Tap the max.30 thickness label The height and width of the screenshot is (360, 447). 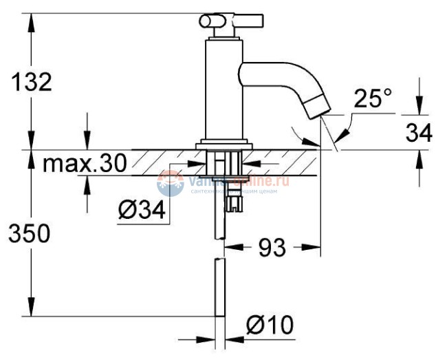(x=85, y=164)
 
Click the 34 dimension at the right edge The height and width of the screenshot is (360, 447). (x=419, y=132)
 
